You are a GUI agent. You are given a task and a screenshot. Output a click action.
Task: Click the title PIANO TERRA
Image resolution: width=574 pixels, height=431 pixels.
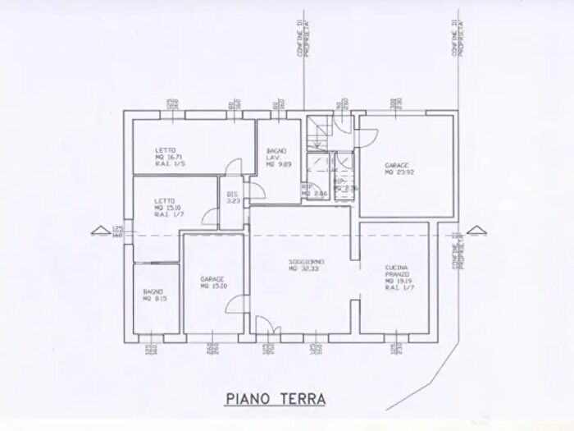click(x=275, y=398)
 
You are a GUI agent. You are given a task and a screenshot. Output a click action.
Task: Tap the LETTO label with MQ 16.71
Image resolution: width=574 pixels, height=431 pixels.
click(x=166, y=150)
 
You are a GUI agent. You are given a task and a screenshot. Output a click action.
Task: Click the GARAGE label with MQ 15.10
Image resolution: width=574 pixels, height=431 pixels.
click(x=212, y=279)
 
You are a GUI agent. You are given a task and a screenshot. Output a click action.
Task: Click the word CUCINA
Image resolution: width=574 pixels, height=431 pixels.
click(x=397, y=268)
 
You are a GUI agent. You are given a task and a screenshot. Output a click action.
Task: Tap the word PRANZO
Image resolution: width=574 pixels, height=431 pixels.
click(x=398, y=275)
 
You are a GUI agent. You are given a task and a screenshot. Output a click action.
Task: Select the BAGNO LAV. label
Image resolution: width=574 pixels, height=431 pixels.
click(x=276, y=157)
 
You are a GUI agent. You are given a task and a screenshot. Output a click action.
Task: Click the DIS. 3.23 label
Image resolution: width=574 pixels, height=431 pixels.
click(x=232, y=197)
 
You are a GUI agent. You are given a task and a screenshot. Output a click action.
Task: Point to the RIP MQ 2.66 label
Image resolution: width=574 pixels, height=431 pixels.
click(x=314, y=190)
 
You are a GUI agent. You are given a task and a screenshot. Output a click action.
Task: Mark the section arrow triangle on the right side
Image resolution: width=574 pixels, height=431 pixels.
click(x=471, y=230)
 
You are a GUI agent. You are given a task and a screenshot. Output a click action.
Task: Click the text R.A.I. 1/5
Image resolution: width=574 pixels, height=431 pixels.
click(x=169, y=165)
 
